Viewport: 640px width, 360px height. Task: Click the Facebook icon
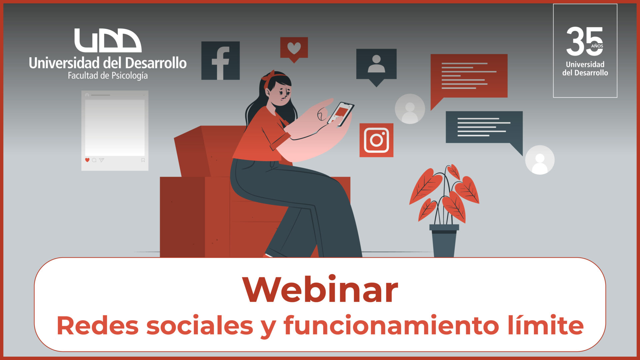click(x=220, y=61)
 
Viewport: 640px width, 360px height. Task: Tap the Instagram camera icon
click(x=376, y=140)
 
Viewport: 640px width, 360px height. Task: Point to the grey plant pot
click(x=444, y=240)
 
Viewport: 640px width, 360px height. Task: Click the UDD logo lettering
click(x=108, y=40)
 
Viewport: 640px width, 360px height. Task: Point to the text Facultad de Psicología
click(x=108, y=76)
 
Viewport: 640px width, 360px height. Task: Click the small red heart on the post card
click(x=87, y=160)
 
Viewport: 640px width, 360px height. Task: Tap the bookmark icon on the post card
click(x=143, y=160)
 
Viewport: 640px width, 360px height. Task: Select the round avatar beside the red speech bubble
click(x=410, y=109)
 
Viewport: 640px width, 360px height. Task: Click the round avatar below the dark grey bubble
click(x=540, y=160)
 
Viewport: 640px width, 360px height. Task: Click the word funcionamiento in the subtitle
click(x=391, y=325)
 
